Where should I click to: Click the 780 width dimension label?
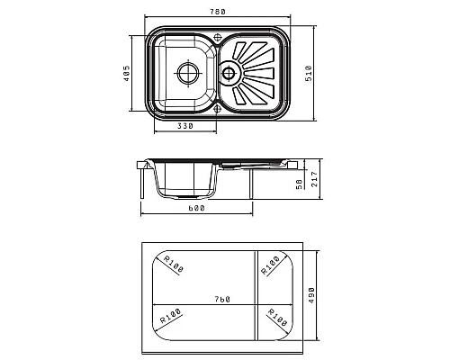pos(217,12)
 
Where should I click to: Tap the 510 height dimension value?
pos(309,73)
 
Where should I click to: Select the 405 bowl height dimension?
pos(126,73)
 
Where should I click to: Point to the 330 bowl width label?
pos(185,126)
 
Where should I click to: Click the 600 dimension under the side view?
pos(196,208)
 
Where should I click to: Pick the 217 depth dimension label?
pos(314,179)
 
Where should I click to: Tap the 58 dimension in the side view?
pos(299,184)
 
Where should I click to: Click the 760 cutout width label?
pos(222,299)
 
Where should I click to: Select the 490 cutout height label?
pos(311,295)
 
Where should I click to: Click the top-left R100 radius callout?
pos(173,264)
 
